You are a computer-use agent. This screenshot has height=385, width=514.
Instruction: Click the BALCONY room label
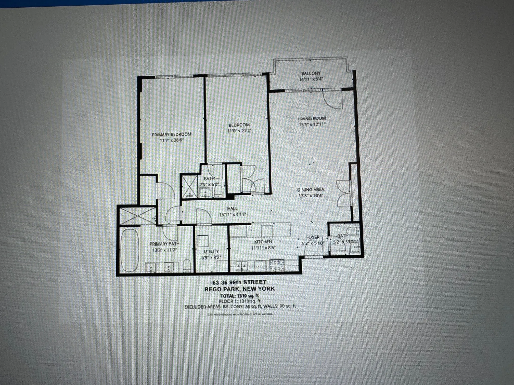pyautogui.click(x=311, y=73)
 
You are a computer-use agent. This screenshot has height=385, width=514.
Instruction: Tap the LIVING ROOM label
pyautogui.click(x=312, y=118)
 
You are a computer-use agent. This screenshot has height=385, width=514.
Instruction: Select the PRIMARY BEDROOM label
pyautogui.click(x=172, y=134)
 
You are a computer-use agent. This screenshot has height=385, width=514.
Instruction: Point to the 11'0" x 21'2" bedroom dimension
pyautogui.click(x=239, y=131)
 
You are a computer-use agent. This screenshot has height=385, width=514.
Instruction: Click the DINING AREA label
pyautogui.click(x=311, y=189)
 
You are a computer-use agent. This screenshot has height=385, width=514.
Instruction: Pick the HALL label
pyautogui.click(x=232, y=208)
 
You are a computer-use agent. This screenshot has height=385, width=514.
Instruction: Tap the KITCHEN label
pyautogui.click(x=263, y=242)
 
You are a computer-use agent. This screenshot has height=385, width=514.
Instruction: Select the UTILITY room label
pyautogui.click(x=211, y=251)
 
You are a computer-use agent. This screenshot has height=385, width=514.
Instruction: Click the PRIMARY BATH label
pyautogui.click(x=164, y=244)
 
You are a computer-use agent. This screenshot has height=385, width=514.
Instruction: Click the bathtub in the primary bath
pyautogui.click(x=130, y=250)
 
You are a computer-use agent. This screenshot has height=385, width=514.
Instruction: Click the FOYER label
pyautogui.click(x=313, y=237)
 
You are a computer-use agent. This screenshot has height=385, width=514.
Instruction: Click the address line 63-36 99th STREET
pyautogui.click(x=239, y=282)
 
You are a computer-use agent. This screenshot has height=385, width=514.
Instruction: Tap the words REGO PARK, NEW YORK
pyautogui.click(x=239, y=289)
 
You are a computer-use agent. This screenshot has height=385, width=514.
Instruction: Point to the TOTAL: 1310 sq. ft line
pyautogui.click(x=239, y=296)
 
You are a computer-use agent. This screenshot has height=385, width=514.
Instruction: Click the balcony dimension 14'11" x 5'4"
pyautogui.click(x=311, y=79)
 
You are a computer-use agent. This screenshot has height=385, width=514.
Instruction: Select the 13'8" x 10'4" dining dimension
pyautogui.click(x=311, y=196)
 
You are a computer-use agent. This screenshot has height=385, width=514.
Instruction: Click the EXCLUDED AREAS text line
pyautogui.click(x=240, y=307)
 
